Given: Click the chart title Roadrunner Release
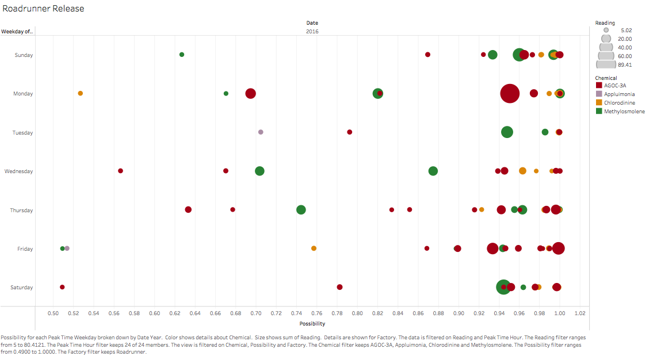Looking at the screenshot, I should click(44, 9).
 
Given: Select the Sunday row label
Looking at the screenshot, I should click(24, 55).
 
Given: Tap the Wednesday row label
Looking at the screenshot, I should click(18, 171).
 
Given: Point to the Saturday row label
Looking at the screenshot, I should click(22, 288).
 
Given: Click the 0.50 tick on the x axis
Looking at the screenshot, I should click(53, 313).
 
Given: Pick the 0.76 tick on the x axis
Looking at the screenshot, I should click(316, 313).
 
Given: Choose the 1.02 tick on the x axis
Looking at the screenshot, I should click(580, 313).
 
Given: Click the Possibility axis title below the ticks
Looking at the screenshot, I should click(312, 324).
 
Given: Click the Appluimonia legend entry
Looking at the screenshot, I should click(619, 94).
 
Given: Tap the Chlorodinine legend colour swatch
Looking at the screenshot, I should click(599, 102).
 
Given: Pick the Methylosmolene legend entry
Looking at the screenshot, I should click(624, 111).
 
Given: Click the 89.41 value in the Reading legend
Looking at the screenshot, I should click(625, 65).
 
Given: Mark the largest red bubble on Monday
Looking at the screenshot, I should click(510, 93).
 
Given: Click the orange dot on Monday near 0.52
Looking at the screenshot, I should click(81, 93).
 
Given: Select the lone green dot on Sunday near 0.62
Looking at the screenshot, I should click(182, 55).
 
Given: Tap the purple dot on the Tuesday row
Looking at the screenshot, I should click(261, 132).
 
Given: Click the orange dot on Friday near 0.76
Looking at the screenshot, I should click(314, 248).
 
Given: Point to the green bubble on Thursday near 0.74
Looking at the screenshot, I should click(301, 210).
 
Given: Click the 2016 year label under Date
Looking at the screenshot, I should click(312, 32).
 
